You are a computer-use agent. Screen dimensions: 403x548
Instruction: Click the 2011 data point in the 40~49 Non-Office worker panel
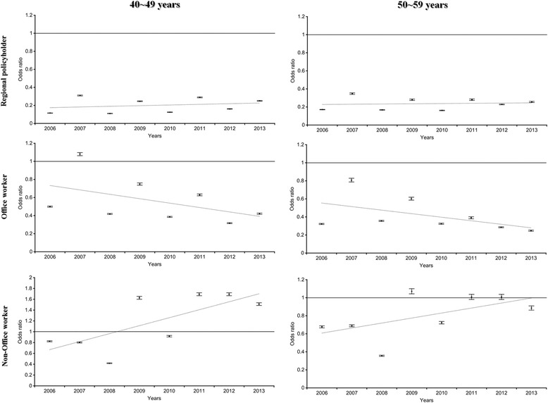point(199,294)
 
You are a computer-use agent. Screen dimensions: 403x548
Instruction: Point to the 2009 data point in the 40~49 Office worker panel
point(139,184)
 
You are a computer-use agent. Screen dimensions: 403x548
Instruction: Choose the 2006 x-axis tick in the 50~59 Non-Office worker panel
point(320,393)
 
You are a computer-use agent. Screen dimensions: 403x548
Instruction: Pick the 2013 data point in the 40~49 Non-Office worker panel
point(259,304)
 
